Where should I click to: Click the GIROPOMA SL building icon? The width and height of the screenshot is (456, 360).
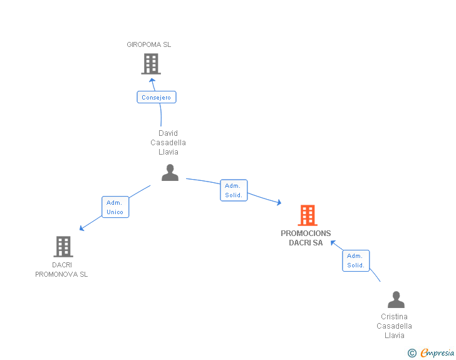tap(150, 63)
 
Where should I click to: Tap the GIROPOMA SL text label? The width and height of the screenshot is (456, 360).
tap(149, 44)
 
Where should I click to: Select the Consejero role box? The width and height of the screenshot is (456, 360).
tap(157, 97)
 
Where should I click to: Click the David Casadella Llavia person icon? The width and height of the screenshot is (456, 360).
tap(170, 173)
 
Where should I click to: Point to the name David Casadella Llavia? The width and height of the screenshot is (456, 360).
tap(168, 142)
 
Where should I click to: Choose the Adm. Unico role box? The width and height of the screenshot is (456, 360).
tap(115, 207)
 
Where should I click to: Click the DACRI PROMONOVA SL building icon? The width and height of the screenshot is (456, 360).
tap(63, 247)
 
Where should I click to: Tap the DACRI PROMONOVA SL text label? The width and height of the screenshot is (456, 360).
tap(61, 269)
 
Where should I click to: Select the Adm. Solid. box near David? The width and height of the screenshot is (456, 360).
tap(234, 190)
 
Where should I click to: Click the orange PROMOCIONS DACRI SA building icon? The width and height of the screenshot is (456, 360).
tap(307, 215)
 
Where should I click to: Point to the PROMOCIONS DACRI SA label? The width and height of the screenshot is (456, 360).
tap(306, 238)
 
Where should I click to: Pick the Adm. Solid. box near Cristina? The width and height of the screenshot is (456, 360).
tap(356, 260)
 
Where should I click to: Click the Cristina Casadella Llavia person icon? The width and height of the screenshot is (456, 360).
tap(396, 300)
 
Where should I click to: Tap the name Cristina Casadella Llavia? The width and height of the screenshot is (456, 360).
tap(395, 326)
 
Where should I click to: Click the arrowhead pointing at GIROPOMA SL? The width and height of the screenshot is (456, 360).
tap(152, 80)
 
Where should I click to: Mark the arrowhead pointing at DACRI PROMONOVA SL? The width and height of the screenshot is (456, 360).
tap(81, 228)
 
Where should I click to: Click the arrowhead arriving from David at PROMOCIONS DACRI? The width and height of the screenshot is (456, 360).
tap(279, 203)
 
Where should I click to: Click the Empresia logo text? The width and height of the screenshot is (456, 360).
tap(437, 353)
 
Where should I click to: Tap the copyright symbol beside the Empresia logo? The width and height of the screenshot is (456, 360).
tap(412, 353)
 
